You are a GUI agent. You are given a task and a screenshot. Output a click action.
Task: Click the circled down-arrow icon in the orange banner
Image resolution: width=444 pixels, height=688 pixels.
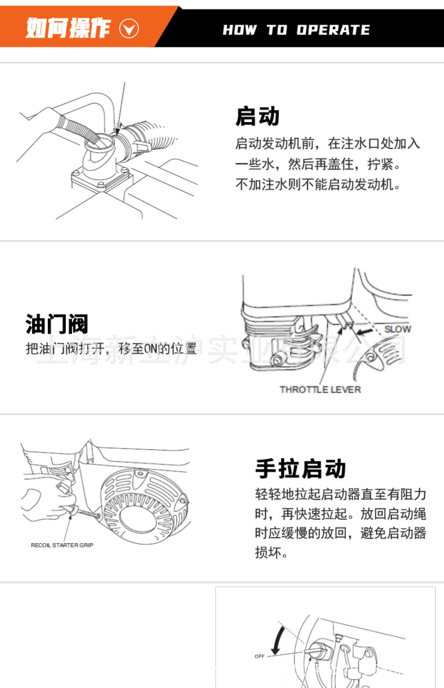tap(129, 29)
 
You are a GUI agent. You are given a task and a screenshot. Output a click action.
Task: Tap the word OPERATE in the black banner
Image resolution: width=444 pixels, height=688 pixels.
tap(333, 30)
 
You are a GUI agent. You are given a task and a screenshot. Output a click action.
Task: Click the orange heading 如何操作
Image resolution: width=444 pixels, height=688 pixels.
tap(68, 28)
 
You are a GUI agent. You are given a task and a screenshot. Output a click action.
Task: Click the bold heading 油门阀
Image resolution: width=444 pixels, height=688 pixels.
tap(57, 324)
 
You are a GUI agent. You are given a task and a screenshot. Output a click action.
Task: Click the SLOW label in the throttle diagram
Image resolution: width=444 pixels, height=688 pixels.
tap(397, 329)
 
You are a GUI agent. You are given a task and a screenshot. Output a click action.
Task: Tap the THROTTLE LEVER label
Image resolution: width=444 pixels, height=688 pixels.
tap(320, 390)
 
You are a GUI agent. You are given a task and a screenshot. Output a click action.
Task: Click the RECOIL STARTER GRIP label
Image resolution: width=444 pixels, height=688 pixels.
tap(62, 545)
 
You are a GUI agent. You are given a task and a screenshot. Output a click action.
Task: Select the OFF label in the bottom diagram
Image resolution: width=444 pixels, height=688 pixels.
tap(259, 656)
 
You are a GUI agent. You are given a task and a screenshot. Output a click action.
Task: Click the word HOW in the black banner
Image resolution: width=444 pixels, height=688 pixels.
tap(240, 30)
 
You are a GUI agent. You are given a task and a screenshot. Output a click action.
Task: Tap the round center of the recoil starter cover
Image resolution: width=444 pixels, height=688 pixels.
tap(138, 514)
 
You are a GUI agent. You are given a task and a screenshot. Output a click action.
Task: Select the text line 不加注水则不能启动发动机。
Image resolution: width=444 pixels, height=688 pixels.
tap(318, 185)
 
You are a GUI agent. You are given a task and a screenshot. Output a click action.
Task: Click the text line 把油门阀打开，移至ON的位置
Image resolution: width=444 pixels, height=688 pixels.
tap(111, 348)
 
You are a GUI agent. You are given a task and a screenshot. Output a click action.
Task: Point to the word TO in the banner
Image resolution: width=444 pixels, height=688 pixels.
tap(277, 30)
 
